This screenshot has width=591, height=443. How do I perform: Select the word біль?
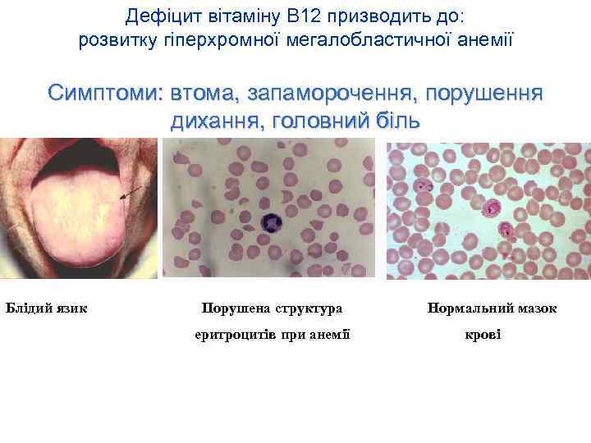(x=398, y=121)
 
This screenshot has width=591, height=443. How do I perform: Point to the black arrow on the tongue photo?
(x=128, y=194)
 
